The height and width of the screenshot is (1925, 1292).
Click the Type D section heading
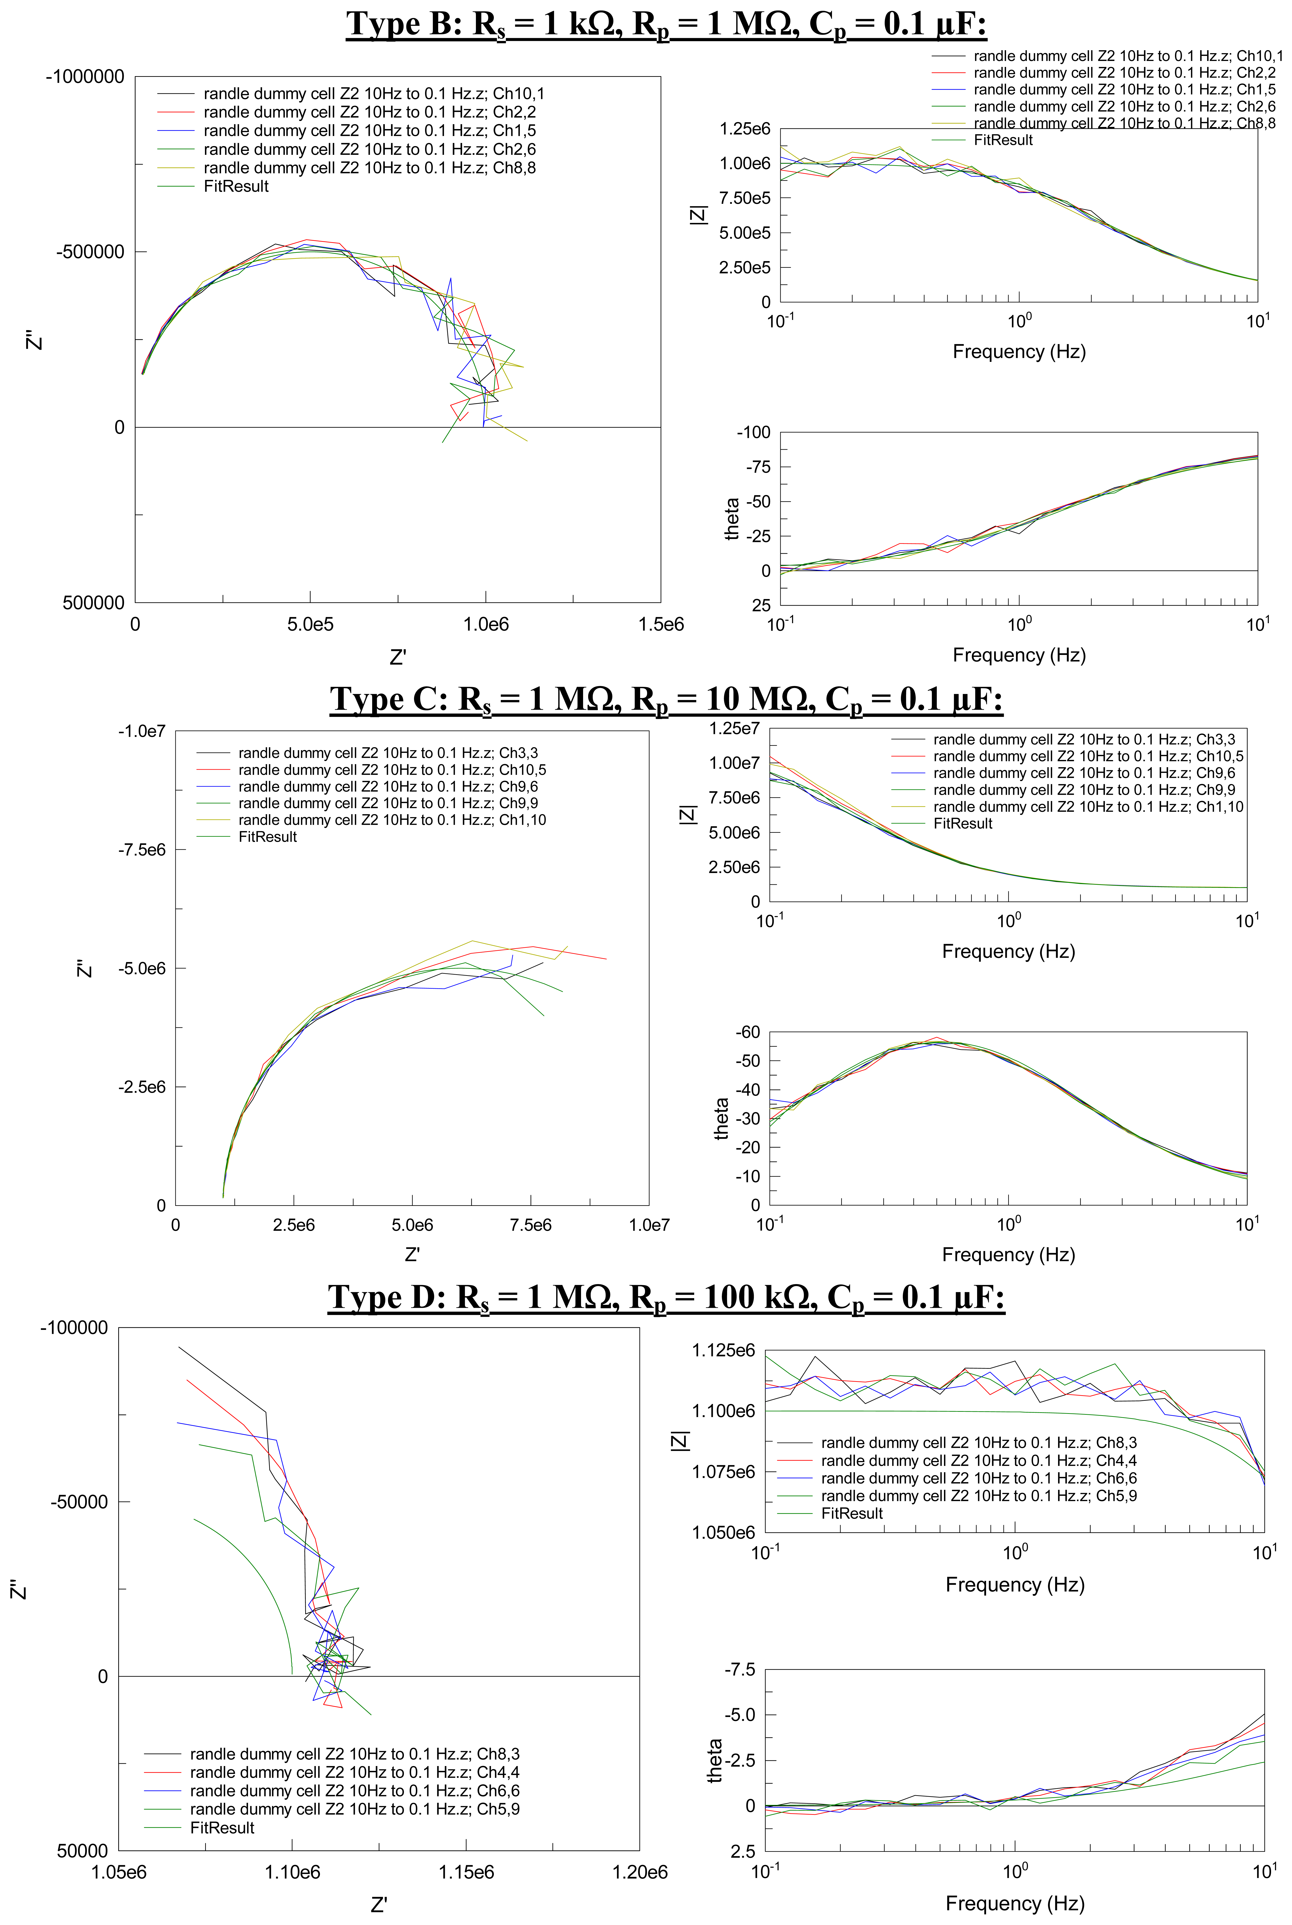click(666, 1297)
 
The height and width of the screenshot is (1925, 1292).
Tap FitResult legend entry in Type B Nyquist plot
click(236, 186)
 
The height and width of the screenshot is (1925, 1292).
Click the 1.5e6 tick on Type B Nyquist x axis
click(661, 625)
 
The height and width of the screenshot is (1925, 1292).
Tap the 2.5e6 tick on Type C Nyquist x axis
click(293, 1225)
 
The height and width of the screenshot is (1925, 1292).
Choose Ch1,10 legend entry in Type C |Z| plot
click(1088, 807)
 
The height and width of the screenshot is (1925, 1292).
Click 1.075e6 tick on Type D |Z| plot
click(723, 1472)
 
